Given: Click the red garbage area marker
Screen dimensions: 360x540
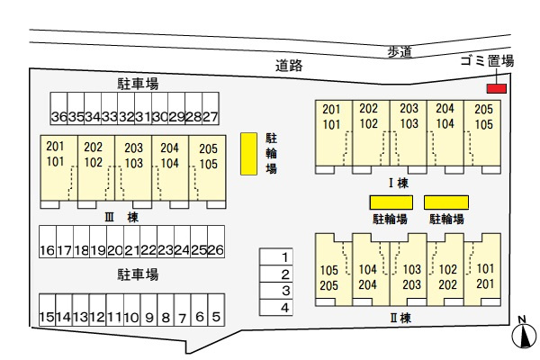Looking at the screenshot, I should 496,88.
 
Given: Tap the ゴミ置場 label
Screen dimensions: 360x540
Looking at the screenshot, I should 486,61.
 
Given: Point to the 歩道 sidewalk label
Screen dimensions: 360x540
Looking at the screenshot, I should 400,52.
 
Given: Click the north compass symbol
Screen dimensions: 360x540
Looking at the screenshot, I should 521,336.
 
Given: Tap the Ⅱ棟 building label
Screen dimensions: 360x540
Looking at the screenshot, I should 400,317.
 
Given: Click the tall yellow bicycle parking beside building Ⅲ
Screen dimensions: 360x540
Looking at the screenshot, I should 247,154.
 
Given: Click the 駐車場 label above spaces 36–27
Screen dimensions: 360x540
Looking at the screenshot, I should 138,84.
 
